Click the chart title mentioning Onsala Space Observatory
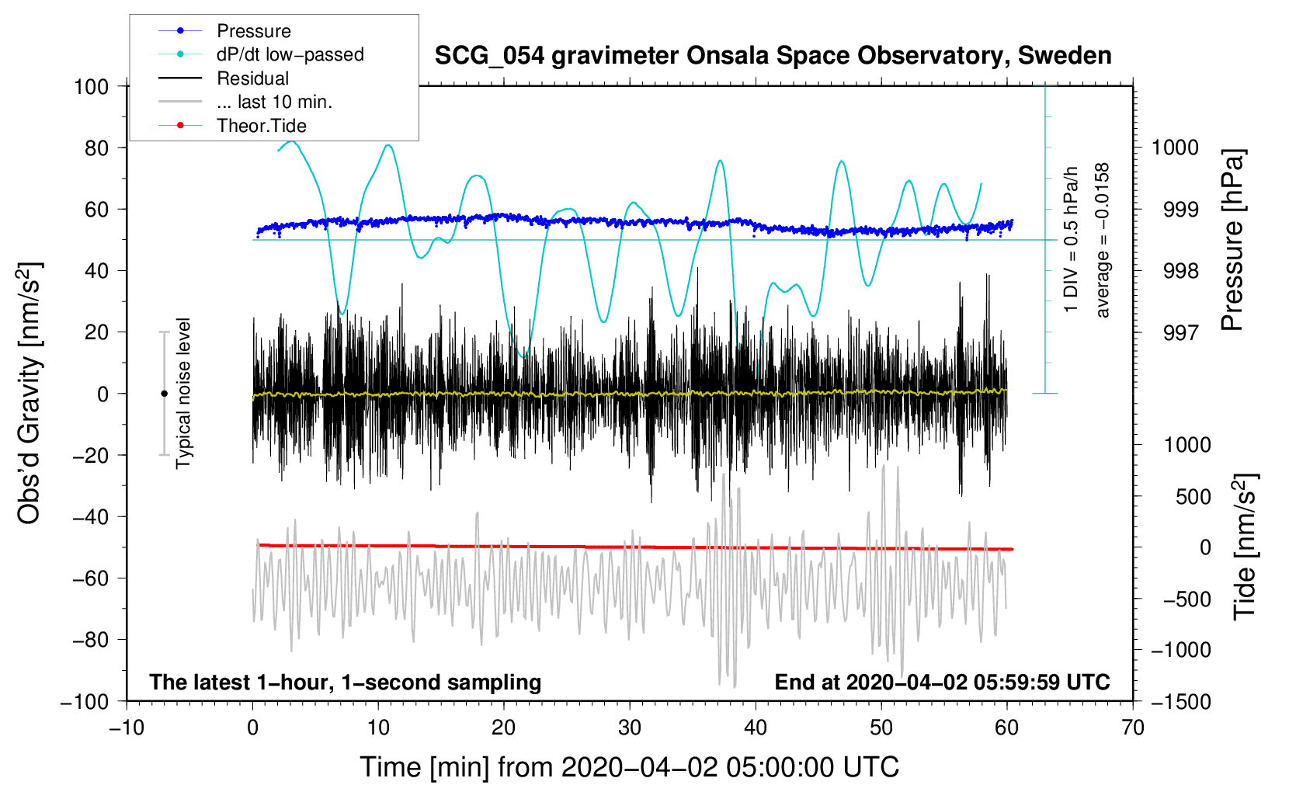(x=773, y=56)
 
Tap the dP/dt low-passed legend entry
(x=261, y=54)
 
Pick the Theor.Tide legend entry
(x=232, y=126)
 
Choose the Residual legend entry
(x=224, y=78)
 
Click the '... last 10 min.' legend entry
(x=245, y=102)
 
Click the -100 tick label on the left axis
(x=85, y=702)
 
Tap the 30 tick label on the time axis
(x=630, y=728)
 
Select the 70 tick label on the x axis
(x=1132, y=728)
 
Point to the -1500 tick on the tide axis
(x=1181, y=702)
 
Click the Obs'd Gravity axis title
(x=30, y=393)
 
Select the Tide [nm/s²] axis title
(x=1246, y=547)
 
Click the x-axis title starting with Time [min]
(x=629, y=768)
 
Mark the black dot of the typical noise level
(x=164, y=394)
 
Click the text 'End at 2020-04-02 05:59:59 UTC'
(x=942, y=682)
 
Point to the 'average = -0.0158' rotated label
(x=1102, y=240)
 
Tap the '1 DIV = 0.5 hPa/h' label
(x=1070, y=239)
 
